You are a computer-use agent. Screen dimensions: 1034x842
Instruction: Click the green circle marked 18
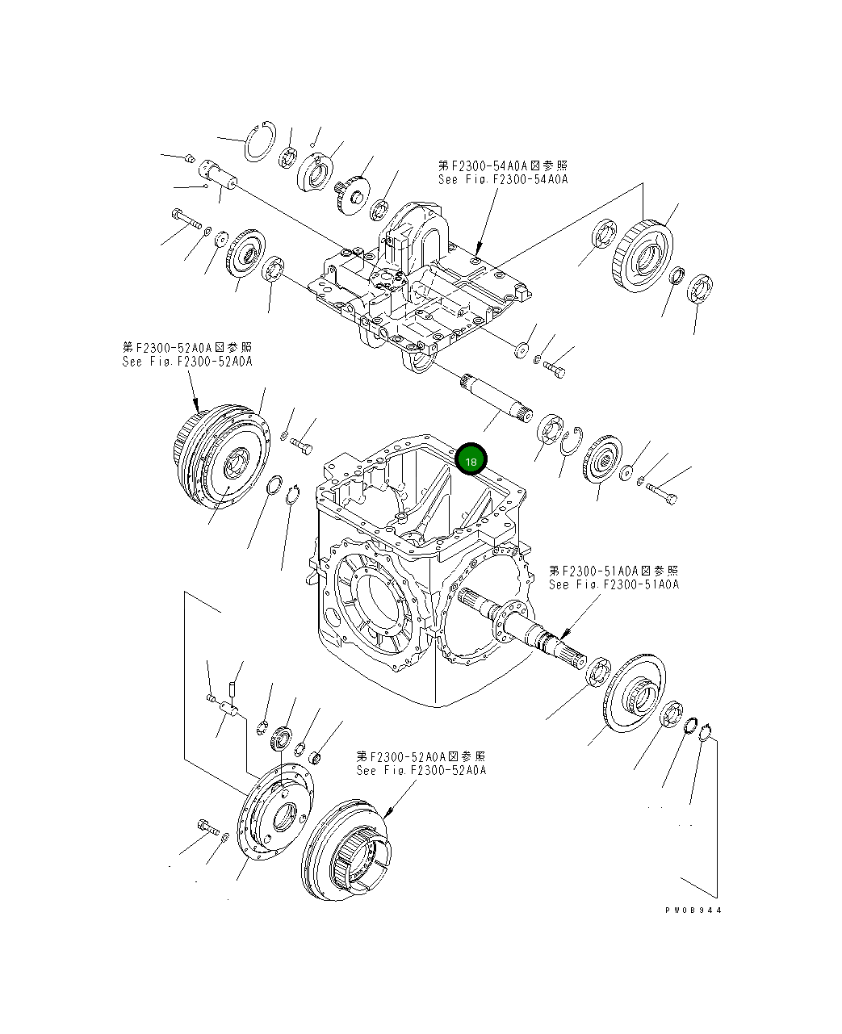470,460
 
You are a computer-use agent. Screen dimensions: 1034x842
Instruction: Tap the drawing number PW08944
693,910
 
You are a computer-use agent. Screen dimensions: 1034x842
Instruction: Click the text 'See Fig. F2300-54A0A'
502,179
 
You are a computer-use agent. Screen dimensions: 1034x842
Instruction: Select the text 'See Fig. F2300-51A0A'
614,584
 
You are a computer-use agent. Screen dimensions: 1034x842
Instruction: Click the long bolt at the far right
661,493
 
